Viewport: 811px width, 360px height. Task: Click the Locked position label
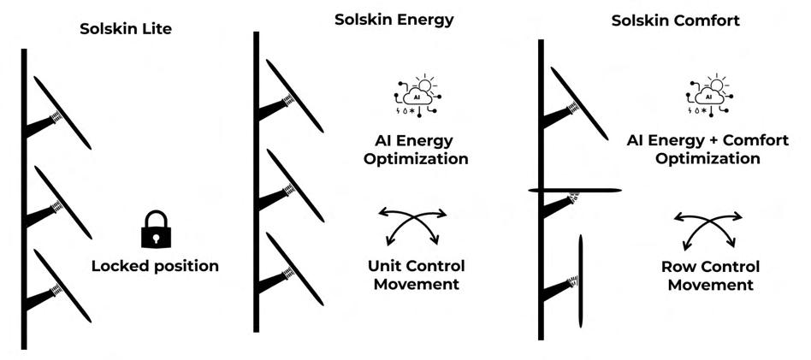click(x=155, y=266)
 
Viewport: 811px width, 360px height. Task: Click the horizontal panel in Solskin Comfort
click(x=574, y=190)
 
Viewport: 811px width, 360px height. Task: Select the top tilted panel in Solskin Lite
click(x=62, y=111)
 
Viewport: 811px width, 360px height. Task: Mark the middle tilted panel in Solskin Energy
click(x=294, y=185)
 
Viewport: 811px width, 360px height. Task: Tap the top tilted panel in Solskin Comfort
click(x=579, y=102)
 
